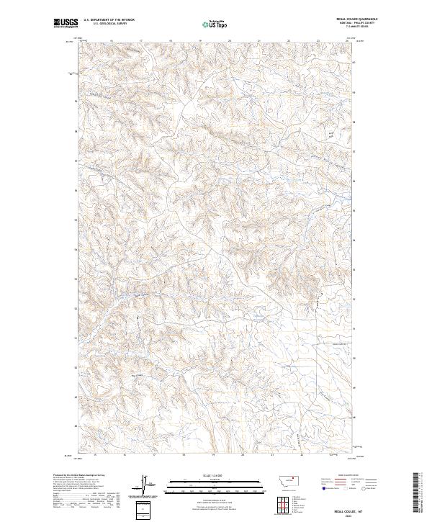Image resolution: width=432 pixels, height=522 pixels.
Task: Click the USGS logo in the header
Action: pyautogui.click(x=66, y=23)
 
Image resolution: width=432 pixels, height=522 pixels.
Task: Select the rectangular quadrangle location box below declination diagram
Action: pyautogui.click(x=144, y=508)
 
